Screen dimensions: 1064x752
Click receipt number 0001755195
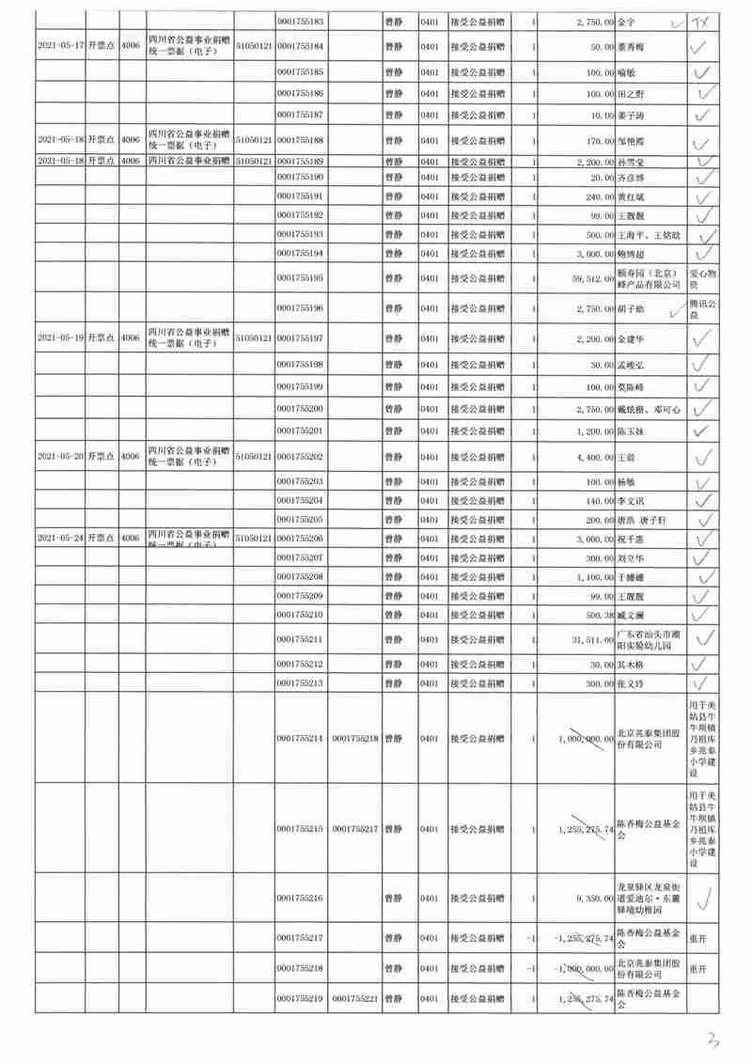tap(302, 278)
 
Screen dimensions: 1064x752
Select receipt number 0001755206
tap(302, 538)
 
